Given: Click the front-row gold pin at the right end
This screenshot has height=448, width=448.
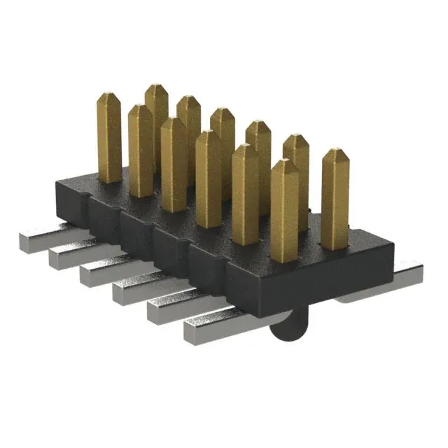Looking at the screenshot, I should click(284, 210).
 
